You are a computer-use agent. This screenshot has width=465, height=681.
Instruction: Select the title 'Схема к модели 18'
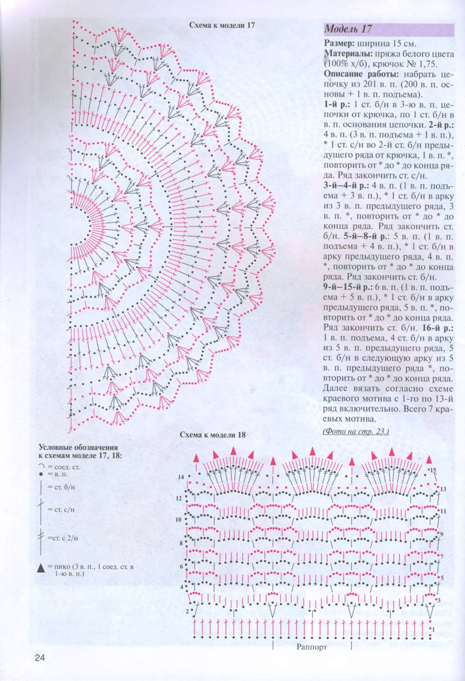213,435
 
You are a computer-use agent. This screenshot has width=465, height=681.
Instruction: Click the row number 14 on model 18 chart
180,477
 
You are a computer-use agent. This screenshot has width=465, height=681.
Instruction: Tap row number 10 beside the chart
179,520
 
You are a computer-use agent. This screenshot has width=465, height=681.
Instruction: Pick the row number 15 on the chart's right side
433,470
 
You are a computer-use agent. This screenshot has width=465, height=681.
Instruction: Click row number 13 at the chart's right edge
443,489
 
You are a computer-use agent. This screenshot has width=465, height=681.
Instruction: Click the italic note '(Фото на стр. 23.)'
355,432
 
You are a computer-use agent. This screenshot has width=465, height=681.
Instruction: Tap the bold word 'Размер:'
339,43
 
